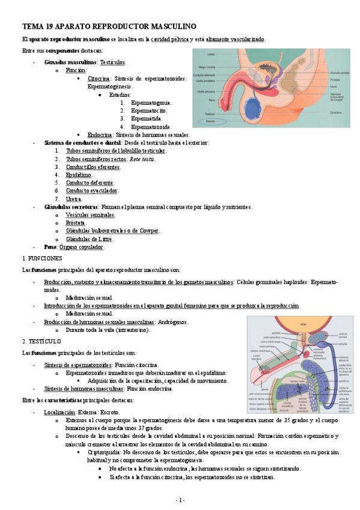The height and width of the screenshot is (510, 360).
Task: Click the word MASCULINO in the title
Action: click(x=162, y=27)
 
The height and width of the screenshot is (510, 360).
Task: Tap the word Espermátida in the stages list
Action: click(x=147, y=119)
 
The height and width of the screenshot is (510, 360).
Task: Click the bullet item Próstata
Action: click(x=76, y=223)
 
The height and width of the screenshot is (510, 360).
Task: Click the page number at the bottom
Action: click(x=180, y=500)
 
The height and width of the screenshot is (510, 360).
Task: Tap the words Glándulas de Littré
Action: click(x=89, y=239)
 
